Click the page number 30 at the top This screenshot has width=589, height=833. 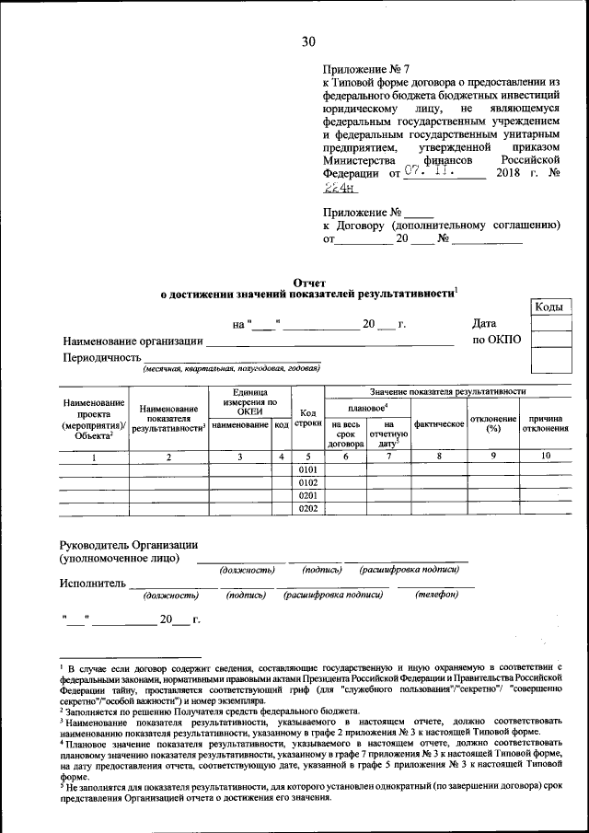coord(307,40)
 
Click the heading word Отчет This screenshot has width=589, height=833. coord(308,283)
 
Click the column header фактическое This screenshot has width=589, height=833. coord(439,424)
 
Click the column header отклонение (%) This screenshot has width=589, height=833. coord(492,424)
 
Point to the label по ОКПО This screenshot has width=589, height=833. coord(497,340)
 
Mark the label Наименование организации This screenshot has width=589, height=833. coord(133,341)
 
